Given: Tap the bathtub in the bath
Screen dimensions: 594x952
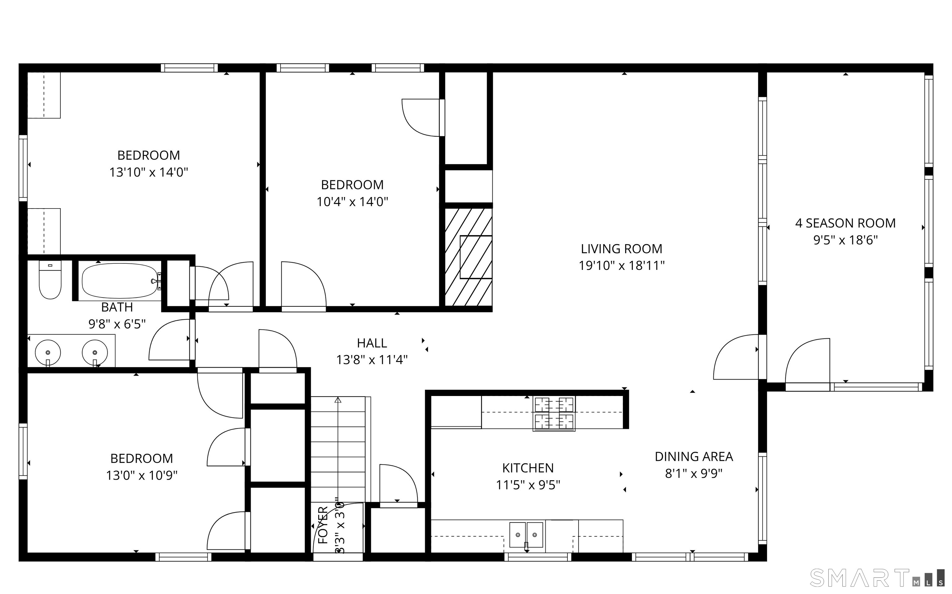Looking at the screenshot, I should click(120, 281).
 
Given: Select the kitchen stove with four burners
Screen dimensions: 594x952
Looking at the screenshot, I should click(554, 414).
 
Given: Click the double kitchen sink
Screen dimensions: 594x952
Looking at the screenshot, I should click(526, 535).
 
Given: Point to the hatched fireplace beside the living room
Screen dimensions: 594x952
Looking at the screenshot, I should click(468, 257).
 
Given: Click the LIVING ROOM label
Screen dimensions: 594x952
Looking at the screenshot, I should click(621, 249).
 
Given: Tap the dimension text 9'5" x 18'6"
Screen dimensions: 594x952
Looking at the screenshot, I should click(845, 240).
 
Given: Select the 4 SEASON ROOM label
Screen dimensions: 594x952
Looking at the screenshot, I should click(845, 223).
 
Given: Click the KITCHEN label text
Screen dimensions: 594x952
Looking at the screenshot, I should click(528, 468).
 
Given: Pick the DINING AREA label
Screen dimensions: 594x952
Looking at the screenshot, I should click(694, 456).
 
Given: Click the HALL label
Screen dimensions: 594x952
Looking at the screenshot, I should click(372, 343).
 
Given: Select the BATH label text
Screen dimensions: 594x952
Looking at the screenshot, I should click(117, 307).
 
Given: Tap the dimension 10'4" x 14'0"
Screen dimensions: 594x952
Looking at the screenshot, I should click(352, 202).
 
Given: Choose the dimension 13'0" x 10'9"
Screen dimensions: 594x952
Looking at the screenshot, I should click(141, 475).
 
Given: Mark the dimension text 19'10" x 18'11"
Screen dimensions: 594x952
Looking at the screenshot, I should click(621, 266).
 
